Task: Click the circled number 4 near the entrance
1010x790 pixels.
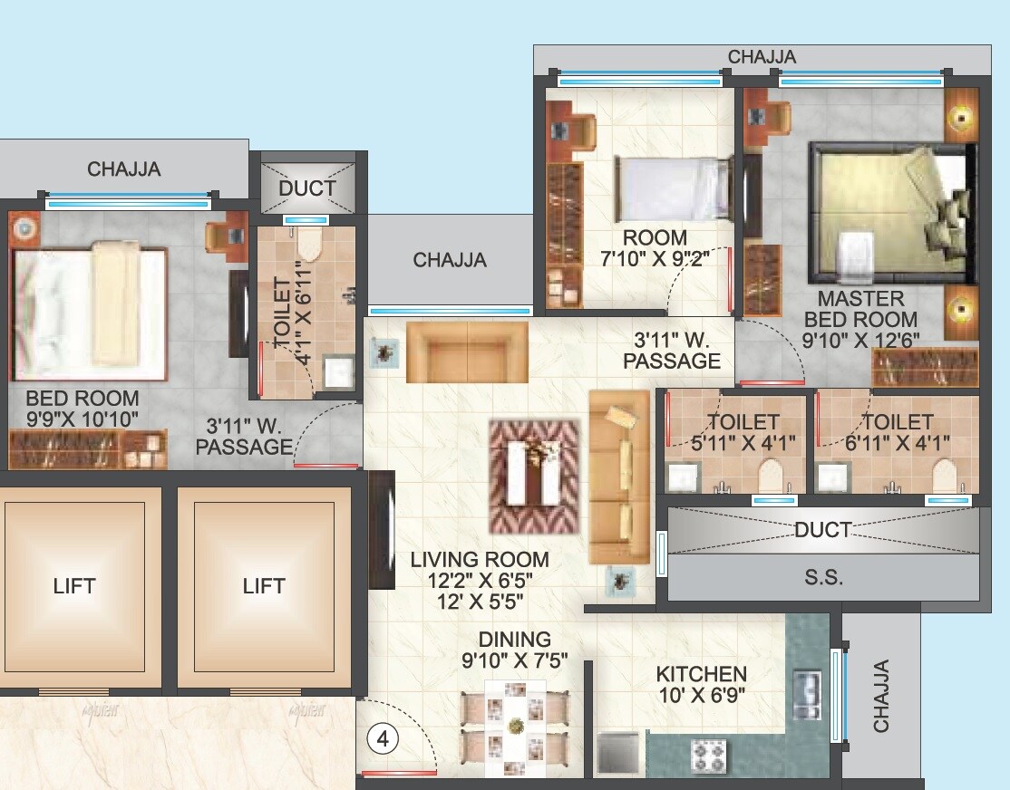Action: pos(383,739)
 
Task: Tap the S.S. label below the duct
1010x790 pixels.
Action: pos(823,577)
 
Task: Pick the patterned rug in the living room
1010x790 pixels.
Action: pos(534,476)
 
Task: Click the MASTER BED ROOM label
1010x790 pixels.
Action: pos(860,309)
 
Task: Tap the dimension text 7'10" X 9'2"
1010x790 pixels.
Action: pos(659,257)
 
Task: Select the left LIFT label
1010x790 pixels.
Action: pos(74,586)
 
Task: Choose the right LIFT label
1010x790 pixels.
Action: pos(264,586)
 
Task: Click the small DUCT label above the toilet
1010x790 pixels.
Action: pos(307,188)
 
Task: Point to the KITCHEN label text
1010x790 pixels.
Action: pos(702,674)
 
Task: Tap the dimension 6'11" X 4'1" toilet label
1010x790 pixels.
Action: pos(897,443)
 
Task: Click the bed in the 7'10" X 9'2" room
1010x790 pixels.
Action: pos(675,188)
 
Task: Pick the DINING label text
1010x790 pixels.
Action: pos(514,640)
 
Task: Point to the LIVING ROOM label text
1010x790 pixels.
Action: pos(480,560)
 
